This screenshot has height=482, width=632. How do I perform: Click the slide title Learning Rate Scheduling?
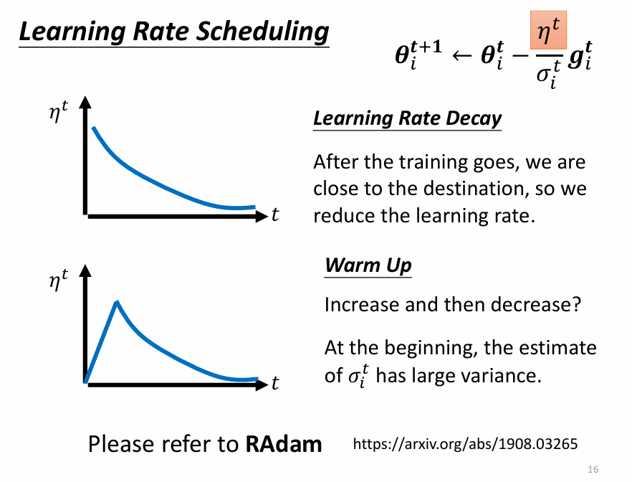click(173, 32)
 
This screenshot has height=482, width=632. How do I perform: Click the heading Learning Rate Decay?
click(407, 118)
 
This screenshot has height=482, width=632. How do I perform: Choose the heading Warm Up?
click(368, 265)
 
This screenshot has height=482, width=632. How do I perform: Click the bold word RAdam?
click(284, 445)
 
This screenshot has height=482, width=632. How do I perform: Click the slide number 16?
click(593, 469)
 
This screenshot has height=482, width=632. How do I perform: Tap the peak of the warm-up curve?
click(117, 303)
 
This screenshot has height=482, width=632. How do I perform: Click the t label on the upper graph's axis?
click(275, 214)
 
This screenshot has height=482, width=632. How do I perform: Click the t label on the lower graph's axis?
click(275, 384)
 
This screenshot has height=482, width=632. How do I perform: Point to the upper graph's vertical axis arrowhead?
click(86, 103)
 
